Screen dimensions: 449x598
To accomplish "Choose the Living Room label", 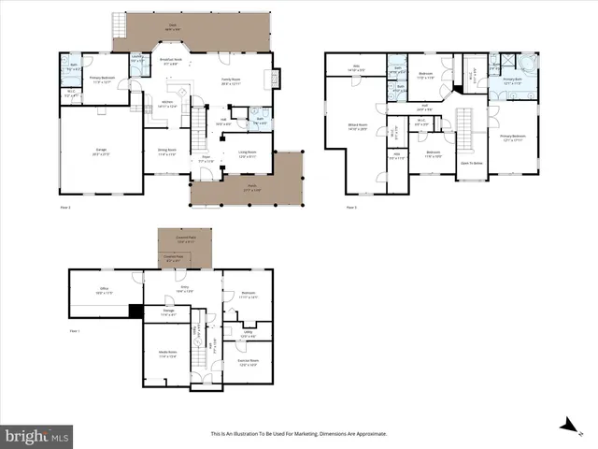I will tap(247, 154).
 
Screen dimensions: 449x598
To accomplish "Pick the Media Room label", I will tap(166, 355).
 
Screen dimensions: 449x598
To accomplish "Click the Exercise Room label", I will tap(248, 362).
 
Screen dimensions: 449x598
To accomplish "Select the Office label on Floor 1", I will tap(104, 290).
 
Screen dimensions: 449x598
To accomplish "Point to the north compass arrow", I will tap(566, 424).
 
